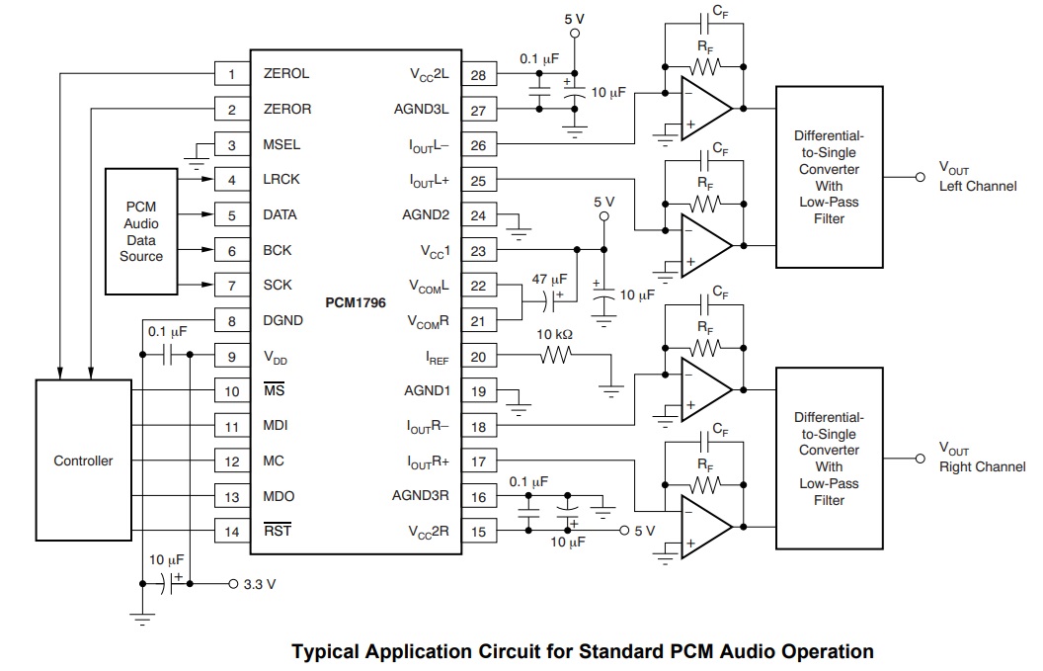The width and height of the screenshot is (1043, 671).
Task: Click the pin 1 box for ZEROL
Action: [x=231, y=74]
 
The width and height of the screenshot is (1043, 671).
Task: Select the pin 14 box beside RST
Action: [x=231, y=532]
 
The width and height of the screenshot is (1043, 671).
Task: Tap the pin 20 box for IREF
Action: [x=479, y=357]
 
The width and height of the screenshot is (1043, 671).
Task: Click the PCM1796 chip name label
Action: [x=356, y=302]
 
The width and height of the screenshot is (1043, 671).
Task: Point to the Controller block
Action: [x=83, y=460]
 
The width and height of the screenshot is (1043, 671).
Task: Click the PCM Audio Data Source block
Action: [x=141, y=231]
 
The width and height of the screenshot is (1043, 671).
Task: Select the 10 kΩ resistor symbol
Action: [x=555, y=356]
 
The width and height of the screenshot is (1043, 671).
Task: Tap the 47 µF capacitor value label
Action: [x=549, y=280]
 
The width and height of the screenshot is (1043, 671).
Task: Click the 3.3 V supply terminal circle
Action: [x=233, y=584]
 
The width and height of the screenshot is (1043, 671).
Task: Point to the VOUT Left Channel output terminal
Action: [x=920, y=177]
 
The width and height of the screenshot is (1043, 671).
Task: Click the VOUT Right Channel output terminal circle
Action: [x=920, y=459]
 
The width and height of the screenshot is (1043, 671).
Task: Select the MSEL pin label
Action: [x=281, y=144]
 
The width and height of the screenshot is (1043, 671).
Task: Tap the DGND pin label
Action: [x=282, y=320]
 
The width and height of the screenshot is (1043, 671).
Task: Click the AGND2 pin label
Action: [x=426, y=215]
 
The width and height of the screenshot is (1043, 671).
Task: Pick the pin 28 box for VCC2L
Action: [x=479, y=75]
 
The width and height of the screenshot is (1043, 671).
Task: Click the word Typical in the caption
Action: [x=325, y=651]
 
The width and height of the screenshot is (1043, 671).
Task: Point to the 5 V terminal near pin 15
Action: [x=624, y=531]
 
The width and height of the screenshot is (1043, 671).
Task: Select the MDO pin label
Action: [x=279, y=496]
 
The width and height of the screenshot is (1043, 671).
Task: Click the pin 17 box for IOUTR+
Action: [x=479, y=461]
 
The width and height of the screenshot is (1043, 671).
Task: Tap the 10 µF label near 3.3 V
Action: [x=166, y=560]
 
